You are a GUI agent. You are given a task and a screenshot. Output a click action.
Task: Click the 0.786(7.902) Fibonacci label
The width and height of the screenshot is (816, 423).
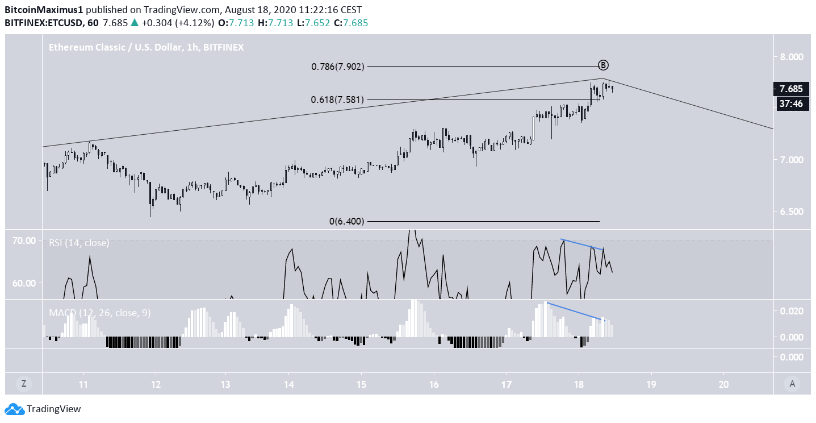click(337, 67)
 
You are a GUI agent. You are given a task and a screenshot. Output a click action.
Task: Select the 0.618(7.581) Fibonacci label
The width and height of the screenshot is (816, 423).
click(337, 100)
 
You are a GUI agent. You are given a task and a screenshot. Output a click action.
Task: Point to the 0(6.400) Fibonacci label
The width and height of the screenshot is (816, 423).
click(346, 221)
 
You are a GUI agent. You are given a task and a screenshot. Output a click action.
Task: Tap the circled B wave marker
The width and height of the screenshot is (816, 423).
click(604, 64)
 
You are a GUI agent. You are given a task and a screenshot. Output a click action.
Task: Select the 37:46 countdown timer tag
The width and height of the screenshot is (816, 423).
click(791, 103)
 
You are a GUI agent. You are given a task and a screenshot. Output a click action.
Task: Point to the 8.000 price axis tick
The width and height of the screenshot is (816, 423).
click(792, 57)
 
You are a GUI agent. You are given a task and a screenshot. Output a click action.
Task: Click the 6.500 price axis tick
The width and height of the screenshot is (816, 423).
click(792, 212)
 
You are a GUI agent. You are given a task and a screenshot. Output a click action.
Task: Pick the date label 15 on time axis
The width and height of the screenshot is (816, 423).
click(361, 383)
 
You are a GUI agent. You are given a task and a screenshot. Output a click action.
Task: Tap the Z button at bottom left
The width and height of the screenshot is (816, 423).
click(23, 384)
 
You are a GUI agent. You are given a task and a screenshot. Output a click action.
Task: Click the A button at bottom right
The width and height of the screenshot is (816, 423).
click(792, 384)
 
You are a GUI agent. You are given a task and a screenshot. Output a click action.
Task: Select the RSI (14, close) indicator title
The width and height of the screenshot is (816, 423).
click(78, 243)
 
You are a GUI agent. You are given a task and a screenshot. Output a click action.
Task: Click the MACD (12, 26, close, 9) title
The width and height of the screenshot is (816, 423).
click(99, 313)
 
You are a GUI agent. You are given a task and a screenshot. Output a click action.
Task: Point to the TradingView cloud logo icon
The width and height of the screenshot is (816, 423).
click(15, 409)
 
